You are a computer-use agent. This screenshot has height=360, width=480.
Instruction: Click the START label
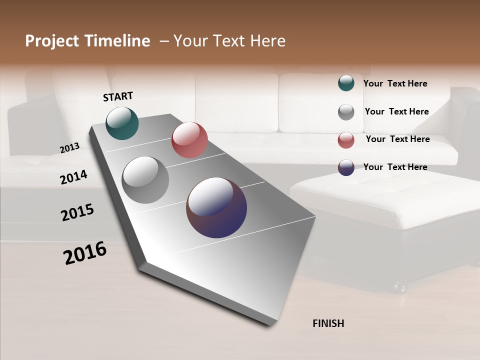pos(118,96)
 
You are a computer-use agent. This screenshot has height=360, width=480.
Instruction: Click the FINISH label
pos(328,323)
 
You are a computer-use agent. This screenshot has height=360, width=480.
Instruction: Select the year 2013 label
pos(69,148)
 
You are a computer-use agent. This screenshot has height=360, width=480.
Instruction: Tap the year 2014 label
pos(73,177)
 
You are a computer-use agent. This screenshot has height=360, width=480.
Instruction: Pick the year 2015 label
pos(77,212)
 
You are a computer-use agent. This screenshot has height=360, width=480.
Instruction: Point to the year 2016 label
pos(85,252)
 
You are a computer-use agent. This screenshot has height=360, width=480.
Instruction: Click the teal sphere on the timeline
pos(122,123)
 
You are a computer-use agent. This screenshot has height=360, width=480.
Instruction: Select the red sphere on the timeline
pos(189,140)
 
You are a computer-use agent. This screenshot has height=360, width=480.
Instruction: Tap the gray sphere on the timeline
pos(145,180)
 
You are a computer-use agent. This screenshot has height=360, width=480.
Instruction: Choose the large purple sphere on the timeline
pos(216,207)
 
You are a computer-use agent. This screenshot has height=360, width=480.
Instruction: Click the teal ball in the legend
pos(346,83)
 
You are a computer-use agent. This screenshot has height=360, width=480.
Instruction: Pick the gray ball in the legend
pos(346,112)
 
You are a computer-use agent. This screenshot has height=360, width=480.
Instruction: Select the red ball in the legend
pos(346,140)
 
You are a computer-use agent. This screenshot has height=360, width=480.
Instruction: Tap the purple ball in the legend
pos(346,167)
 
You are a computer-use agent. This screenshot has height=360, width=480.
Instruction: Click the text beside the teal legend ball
pos(395,84)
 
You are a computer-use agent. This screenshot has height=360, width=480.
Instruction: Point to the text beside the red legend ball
pos(397,139)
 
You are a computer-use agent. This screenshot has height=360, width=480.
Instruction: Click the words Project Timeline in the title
pos(87,41)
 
